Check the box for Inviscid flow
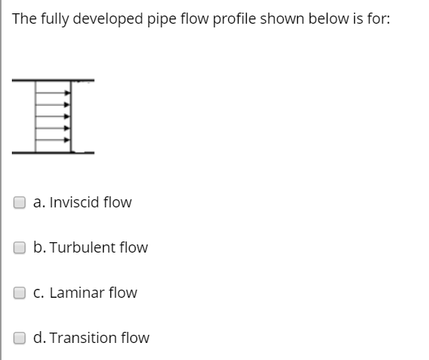(21, 202)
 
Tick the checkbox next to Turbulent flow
(21, 247)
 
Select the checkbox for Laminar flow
(21, 293)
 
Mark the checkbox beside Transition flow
(21, 338)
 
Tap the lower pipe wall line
(44, 153)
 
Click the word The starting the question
(24, 19)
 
